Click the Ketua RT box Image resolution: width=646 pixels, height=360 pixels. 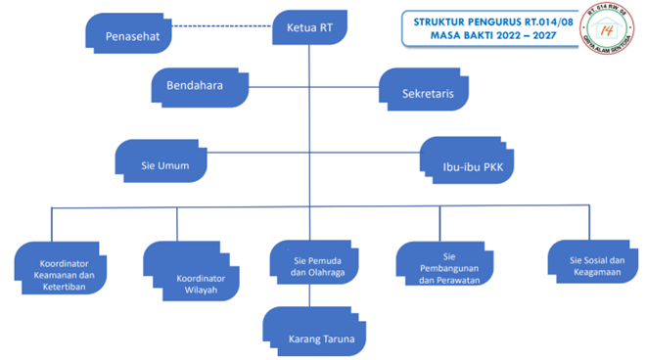click(x=309, y=27)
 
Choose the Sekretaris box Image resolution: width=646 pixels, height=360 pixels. click(x=424, y=91)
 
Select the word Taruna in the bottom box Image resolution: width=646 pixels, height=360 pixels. click(x=333, y=339)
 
